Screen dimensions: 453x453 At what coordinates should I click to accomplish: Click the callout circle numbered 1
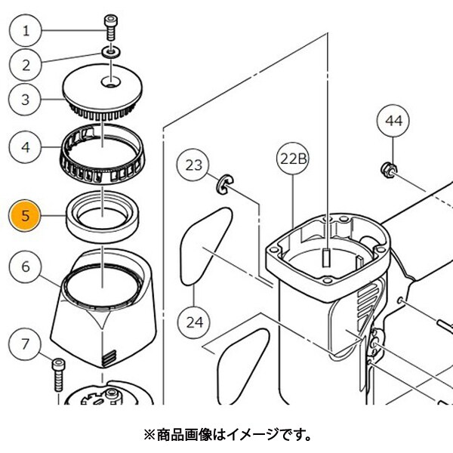pos(26,31)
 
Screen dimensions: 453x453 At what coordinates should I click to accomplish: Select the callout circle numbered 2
pos(26,65)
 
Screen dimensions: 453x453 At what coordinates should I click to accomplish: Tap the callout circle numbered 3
pos(26,99)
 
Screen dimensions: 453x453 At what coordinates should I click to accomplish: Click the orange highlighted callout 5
pos(26,216)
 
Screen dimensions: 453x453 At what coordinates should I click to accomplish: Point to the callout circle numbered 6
pos(26,267)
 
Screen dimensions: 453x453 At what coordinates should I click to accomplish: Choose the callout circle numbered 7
pos(26,346)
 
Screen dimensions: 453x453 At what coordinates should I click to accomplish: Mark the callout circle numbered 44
pos(393,120)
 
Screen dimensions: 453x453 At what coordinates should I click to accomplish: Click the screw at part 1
pos(112,29)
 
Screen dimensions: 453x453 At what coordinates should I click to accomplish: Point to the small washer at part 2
pos(112,52)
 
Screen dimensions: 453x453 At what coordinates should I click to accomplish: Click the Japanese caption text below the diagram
pos(226,436)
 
